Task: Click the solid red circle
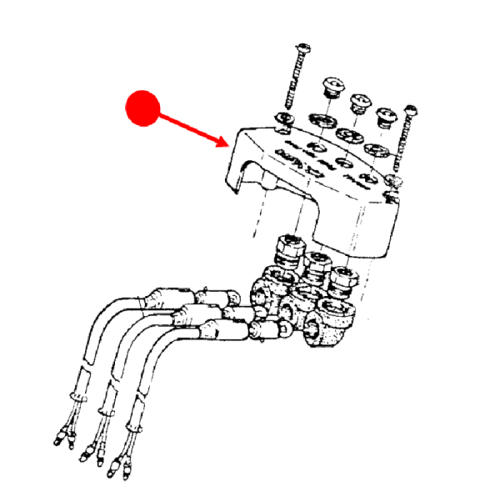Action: pyautogui.click(x=142, y=108)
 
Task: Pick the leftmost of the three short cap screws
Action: pyautogui.click(x=333, y=87)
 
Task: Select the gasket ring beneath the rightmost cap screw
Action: pyautogui.click(x=374, y=149)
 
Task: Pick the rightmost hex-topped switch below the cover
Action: pyautogui.click(x=342, y=279)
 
